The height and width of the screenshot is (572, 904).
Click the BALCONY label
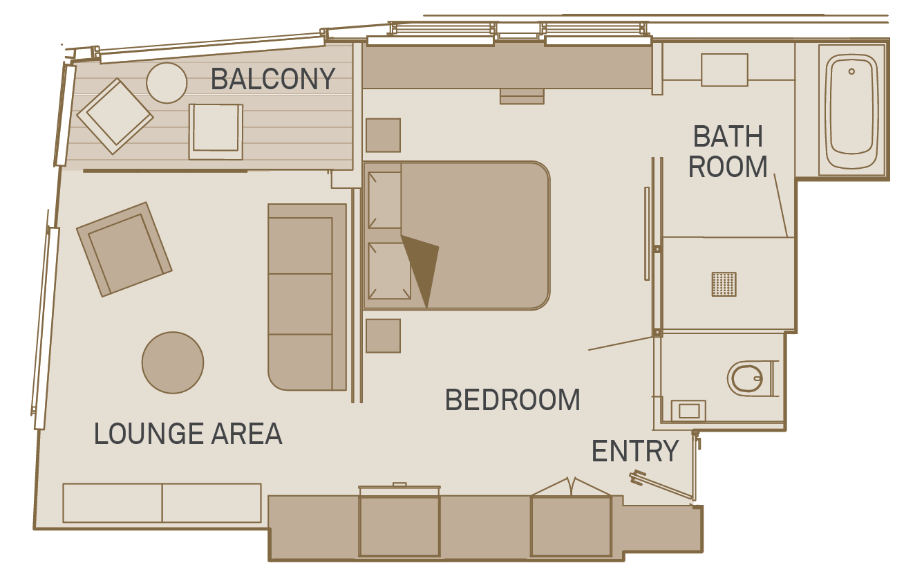(x=273, y=79)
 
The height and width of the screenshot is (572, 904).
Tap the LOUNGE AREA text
(x=188, y=434)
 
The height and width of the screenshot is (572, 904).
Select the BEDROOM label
(x=513, y=400)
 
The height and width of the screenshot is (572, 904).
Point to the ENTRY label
(x=635, y=451)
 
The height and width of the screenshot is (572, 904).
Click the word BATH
(x=728, y=136)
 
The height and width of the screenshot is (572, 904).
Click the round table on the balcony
(x=167, y=83)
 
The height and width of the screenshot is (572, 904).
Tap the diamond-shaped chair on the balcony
(x=115, y=116)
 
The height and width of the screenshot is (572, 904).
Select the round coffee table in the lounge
(x=173, y=362)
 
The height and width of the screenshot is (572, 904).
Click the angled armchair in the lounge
(x=124, y=250)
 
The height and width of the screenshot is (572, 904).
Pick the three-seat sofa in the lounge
(x=307, y=297)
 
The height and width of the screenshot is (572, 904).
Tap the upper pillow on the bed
(x=384, y=200)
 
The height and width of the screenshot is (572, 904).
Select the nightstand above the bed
(x=383, y=136)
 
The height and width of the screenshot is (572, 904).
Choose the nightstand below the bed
(x=383, y=335)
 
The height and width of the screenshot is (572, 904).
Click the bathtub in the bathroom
(x=852, y=110)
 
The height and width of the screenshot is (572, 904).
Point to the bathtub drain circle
(x=851, y=71)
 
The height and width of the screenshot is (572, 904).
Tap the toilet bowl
(x=746, y=378)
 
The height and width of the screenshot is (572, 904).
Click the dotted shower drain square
(x=724, y=284)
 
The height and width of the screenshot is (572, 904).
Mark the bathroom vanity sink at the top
(x=724, y=70)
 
